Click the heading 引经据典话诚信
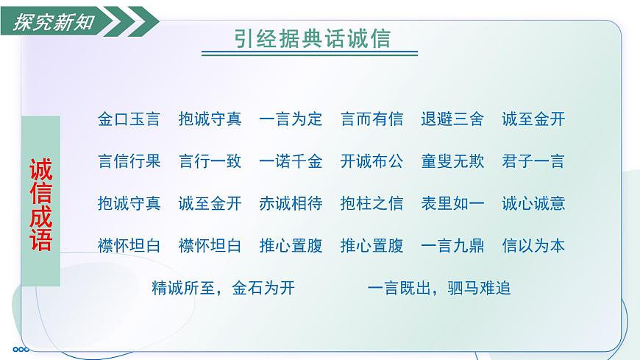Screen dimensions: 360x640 coord(309,38)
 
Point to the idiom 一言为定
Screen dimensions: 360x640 coord(291,119)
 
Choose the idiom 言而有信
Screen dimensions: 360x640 coord(372,119)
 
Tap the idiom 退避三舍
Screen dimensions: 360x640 coord(452,119)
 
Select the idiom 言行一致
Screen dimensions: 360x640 coord(210,161)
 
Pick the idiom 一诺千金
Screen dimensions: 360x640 coord(291,161)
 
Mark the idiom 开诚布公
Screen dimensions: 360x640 coord(372,161)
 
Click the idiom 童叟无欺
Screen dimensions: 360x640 coord(452,161)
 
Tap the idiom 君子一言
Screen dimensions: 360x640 coord(533,161)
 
